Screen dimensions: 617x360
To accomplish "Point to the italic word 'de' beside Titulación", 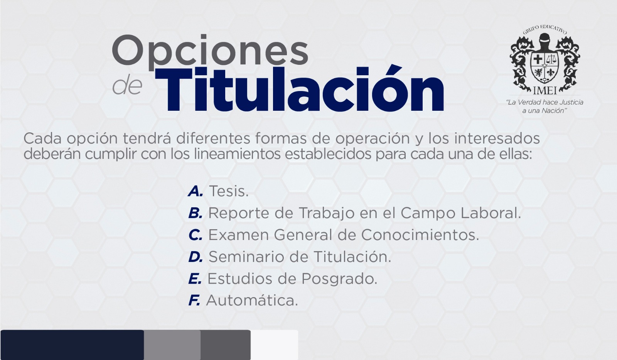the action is point(127,86).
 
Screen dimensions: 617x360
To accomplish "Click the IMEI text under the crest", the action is point(545,90).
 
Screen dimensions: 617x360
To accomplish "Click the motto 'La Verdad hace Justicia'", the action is point(545,102).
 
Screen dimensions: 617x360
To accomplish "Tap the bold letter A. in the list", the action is point(196,191).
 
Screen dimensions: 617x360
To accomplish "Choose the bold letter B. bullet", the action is point(196,213).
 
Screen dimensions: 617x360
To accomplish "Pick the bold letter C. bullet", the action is point(196,235).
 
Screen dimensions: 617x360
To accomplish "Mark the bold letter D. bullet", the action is point(196,257).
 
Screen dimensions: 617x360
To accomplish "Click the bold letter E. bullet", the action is point(195,279).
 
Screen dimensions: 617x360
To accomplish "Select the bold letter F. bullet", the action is point(194,300).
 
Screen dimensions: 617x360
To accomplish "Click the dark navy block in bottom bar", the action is point(72,345).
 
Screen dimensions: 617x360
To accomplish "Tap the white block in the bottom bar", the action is point(274,345).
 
